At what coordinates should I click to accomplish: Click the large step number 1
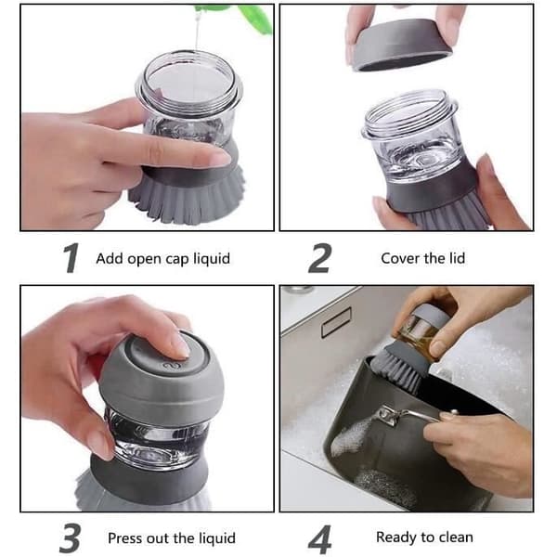pos(71,258)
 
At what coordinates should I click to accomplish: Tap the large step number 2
pos(320,258)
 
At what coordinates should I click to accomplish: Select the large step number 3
pos(70,538)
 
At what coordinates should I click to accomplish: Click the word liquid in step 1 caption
pos(212,258)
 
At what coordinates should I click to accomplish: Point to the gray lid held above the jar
pos(399,45)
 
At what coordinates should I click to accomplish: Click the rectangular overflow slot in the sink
pos(336,322)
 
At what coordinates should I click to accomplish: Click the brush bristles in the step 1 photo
pos(188,200)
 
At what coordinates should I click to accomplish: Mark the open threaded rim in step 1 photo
pos(189,83)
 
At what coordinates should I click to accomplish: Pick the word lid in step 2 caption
pos(457,258)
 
